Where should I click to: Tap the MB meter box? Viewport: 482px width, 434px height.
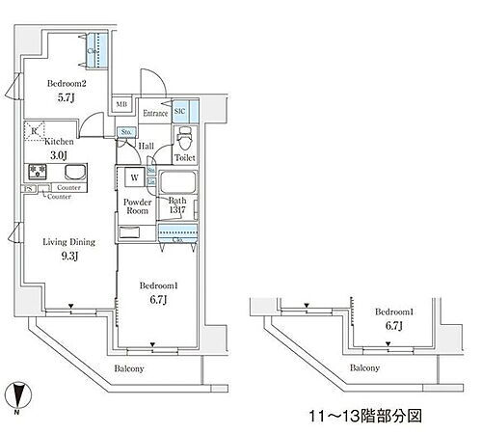coord(122,104)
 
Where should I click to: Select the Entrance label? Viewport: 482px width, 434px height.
coord(155,113)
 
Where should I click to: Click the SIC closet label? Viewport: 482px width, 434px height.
coord(180,113)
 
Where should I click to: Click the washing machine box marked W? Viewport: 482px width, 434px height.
coord(134,177)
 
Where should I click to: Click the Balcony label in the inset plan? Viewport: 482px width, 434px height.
coord(362,368)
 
